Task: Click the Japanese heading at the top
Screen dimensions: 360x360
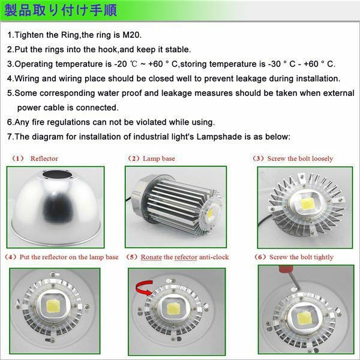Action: [x=61, y=11]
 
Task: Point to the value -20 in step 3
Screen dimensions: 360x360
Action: [x=121, y=64]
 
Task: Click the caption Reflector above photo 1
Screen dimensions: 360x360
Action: [x=44, y=158]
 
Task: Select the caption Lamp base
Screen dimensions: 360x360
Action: [x=159, y=158]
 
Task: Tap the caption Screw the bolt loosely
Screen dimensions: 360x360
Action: [x=300, y=158]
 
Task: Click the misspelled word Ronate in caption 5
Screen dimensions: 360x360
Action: [x=151, y=257]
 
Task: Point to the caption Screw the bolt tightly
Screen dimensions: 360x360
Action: [x=301, y=257]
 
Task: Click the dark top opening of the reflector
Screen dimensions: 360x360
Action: [x=57, y=175]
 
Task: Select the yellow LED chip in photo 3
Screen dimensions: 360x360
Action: [x=305, y=204]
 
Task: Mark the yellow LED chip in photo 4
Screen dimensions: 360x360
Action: [x=53, y=307]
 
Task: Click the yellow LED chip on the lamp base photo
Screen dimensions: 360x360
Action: [x=211, y=214]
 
